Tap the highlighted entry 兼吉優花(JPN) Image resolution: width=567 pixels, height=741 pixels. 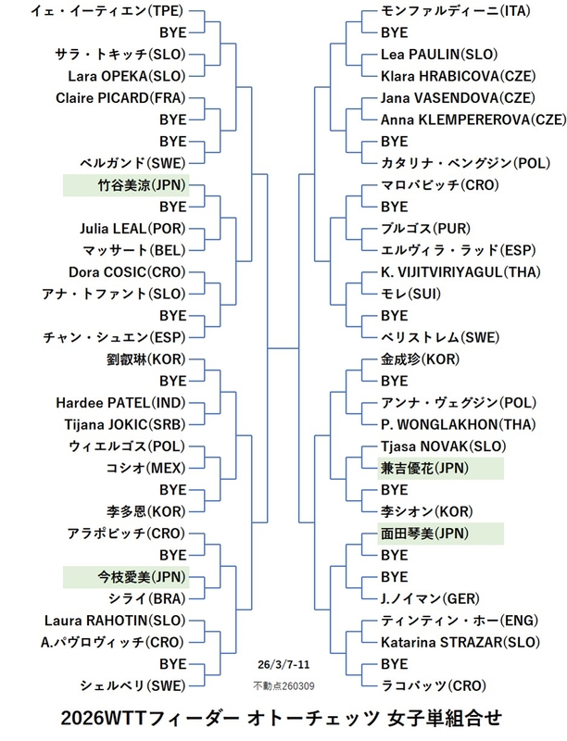coord(425,468)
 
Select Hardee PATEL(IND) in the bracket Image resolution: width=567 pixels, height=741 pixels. coord(125,403)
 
